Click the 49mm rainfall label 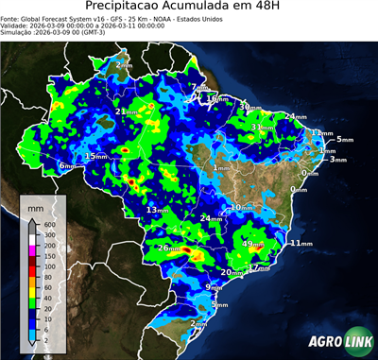[x=252, y=244]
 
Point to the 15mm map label [x=95, y=156]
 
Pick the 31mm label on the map [x=262, y=128]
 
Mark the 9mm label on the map [x=214, y=286]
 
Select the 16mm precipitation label [x=216, y=98]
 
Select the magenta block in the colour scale [x=32, y=248]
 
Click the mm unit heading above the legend [x=37, y=204]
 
